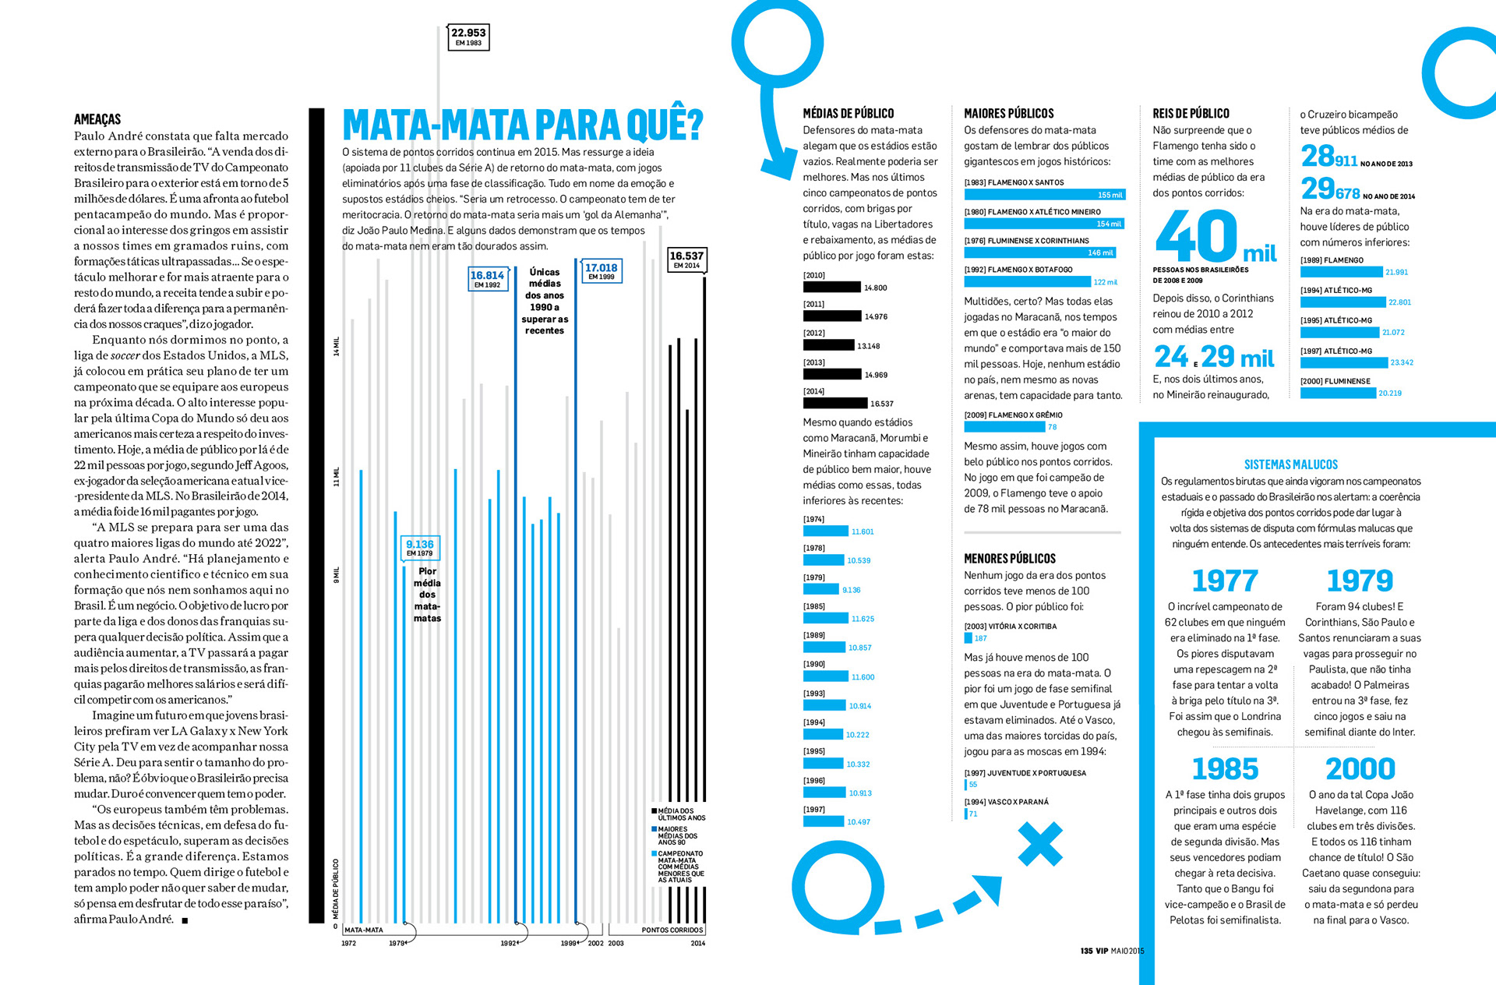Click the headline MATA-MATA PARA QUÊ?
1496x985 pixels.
tap(522, 125)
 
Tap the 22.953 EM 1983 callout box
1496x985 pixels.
tap(468, 37)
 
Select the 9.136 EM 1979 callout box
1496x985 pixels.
tap(420, 548)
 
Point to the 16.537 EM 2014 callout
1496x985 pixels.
tap(686, 259)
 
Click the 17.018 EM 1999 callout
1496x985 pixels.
tap(601, 271)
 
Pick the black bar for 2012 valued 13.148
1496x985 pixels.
tap(828, 345)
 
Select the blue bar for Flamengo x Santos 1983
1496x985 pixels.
tap(1044, 195)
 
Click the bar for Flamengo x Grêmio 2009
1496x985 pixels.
tap(1004, 427)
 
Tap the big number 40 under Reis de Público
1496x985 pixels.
tap(1197, 237)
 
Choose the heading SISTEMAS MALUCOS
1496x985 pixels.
tap(1290, 464)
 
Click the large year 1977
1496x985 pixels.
tap(1225, 581)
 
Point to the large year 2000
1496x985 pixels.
tap(1360, 770)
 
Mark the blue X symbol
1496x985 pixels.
tap(1040, 844)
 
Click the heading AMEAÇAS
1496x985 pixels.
tap(97, 119)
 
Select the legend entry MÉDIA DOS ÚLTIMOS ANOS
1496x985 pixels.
tap(680, 814)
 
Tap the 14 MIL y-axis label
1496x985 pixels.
tap(337, 347)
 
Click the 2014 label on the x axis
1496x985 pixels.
tap(697, 943)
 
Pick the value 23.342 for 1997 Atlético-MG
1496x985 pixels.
tap(1401, 363)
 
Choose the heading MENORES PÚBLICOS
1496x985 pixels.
tap(1010, 559)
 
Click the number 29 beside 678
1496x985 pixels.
tap(1318, 189)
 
